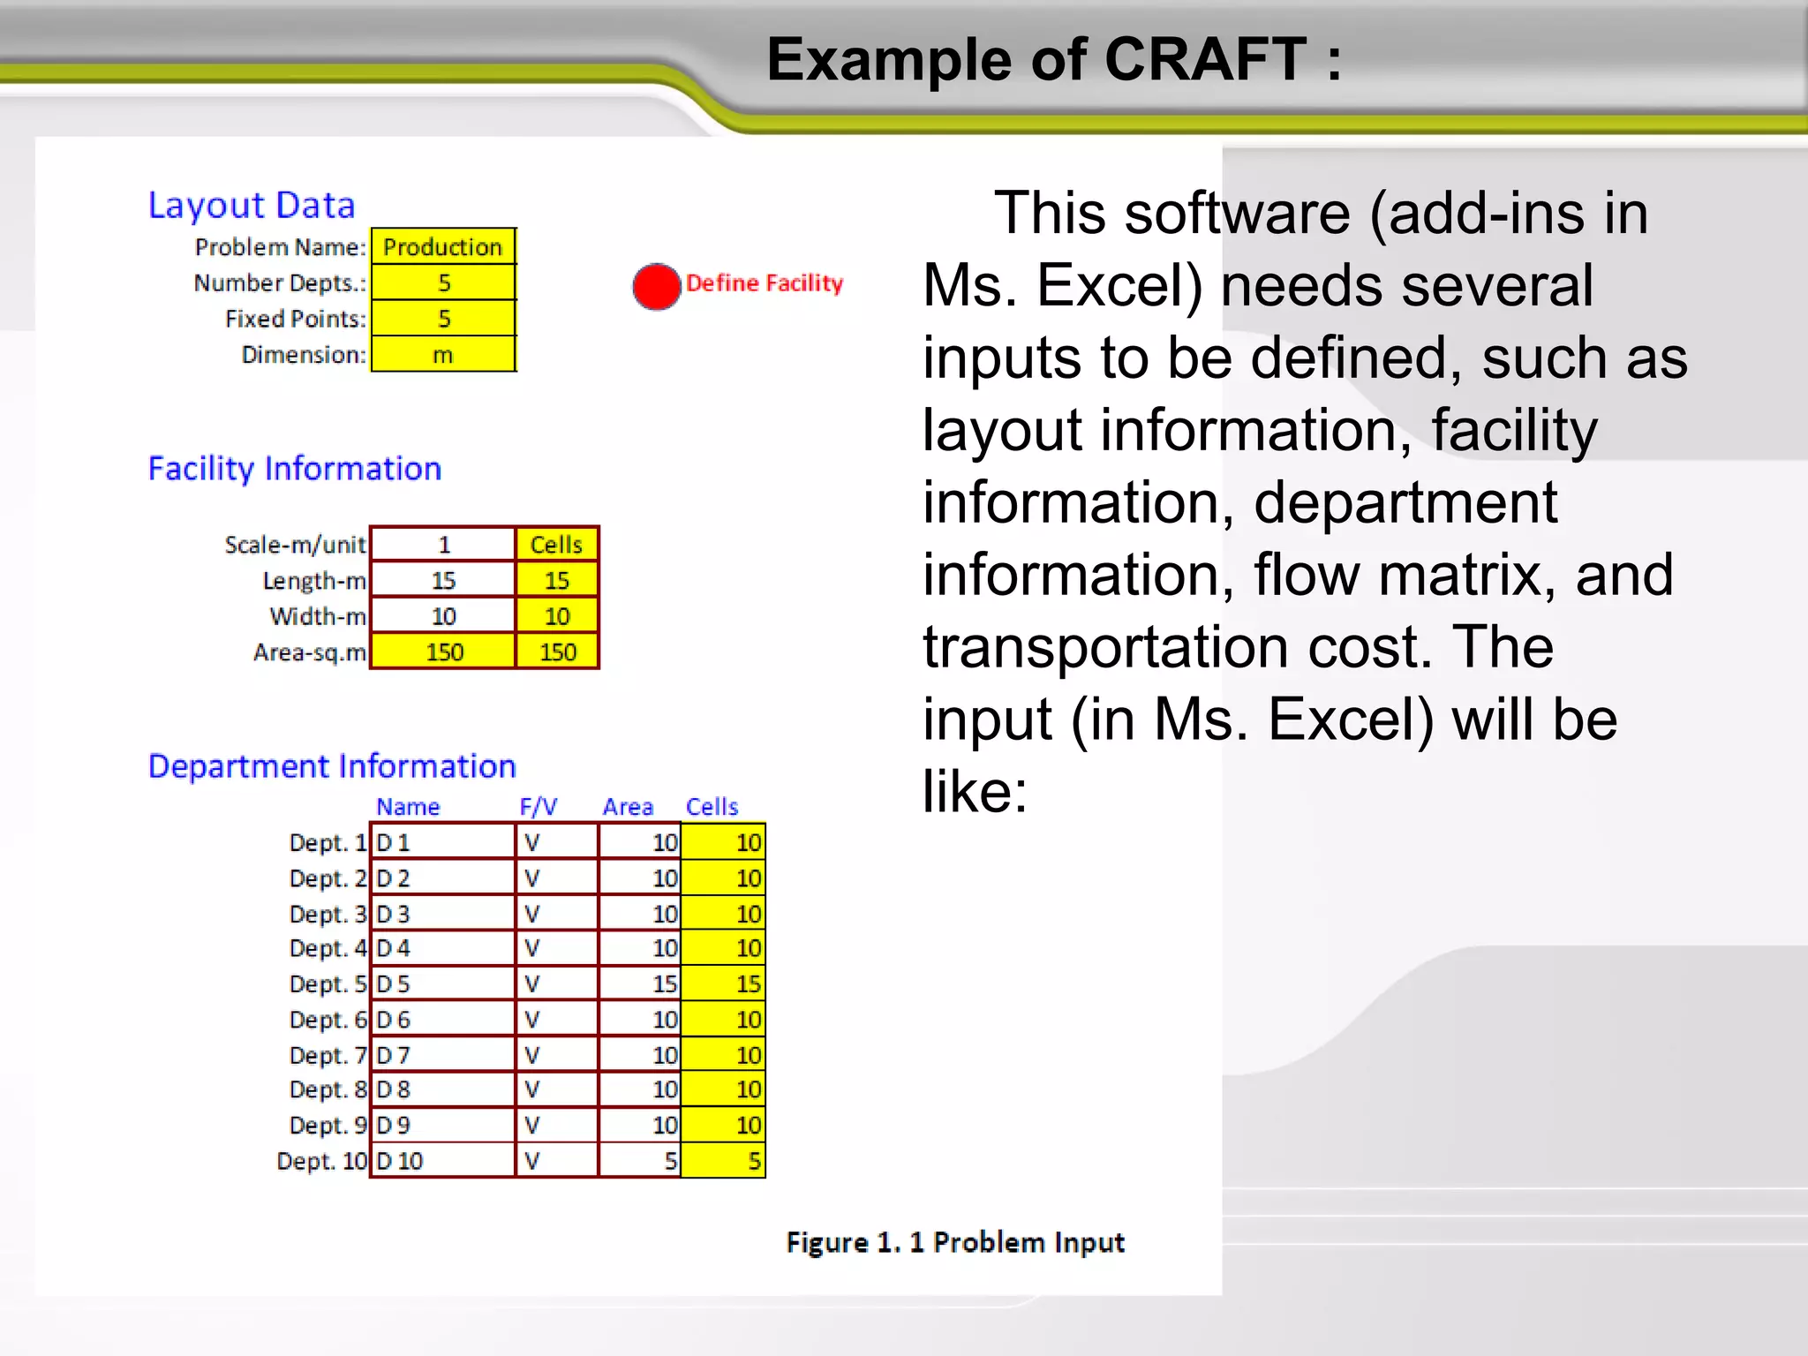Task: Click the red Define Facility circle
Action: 656,287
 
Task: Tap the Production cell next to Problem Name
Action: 442,247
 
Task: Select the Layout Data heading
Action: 252,206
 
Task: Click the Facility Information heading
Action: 295,469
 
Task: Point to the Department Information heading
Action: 332,766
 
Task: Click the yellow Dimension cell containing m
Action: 442,355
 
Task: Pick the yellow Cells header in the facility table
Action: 556,545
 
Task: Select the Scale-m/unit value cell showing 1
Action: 443,545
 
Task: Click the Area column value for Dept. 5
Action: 640,983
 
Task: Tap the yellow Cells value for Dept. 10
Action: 723,1161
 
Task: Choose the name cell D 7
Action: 441,1055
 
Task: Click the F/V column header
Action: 538,807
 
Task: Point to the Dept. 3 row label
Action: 328,914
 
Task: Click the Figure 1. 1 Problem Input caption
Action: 955,1243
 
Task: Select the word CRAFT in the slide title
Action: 1205,60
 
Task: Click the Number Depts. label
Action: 280,283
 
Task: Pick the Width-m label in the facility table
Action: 318,616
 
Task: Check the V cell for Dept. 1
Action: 556,843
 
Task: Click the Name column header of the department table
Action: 408,807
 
